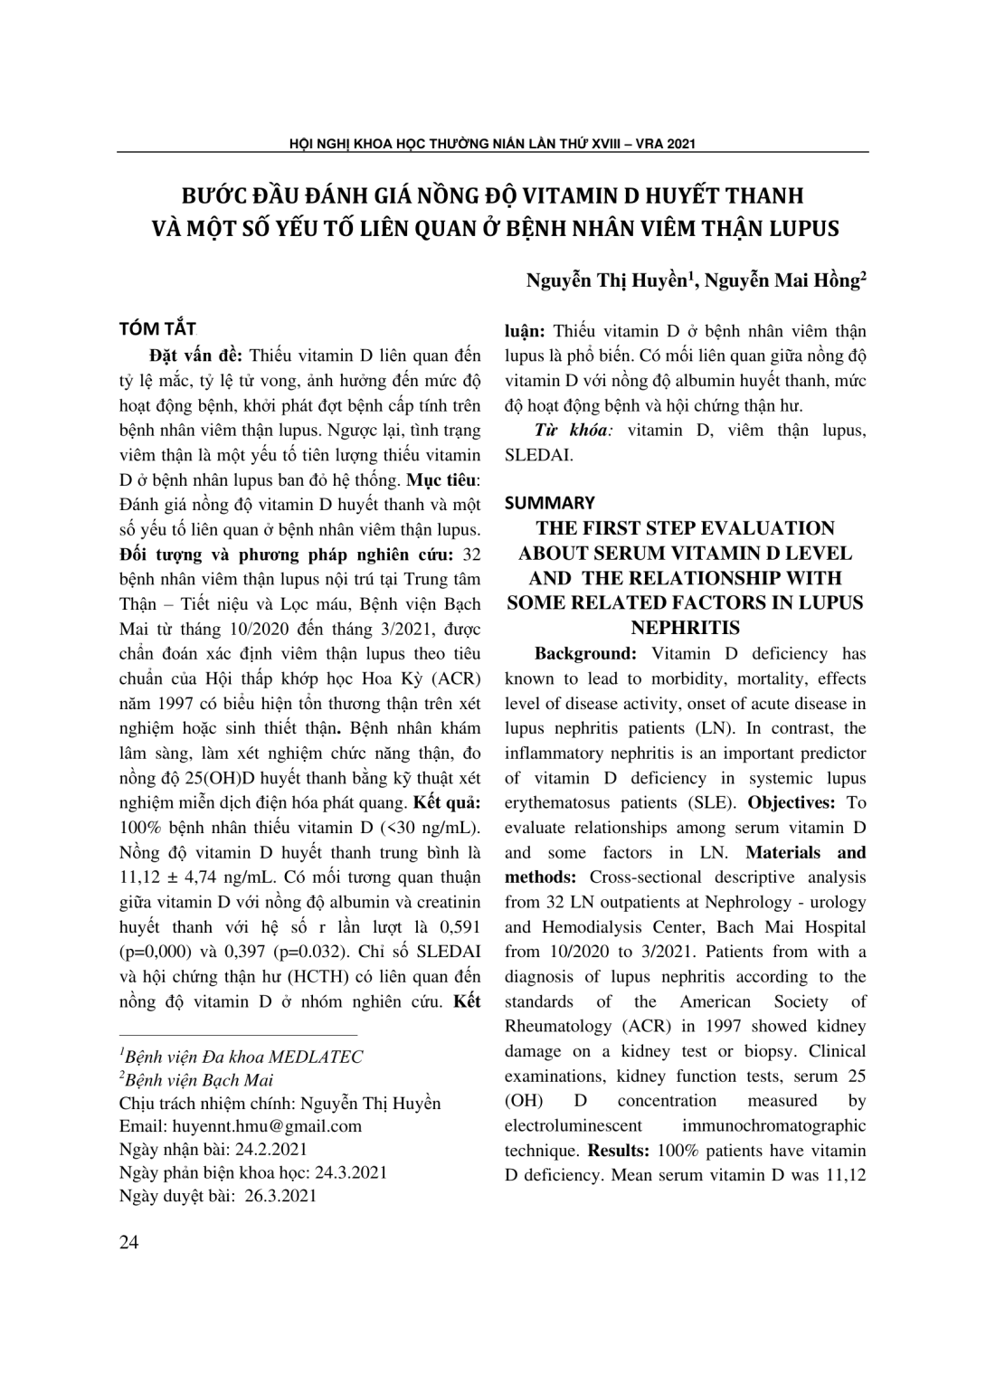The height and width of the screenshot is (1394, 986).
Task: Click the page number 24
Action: click(x=129, y=1243)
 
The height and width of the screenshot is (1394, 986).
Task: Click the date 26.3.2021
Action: click(x=280, y=1196)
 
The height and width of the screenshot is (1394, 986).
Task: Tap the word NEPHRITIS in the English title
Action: click(x=684, y=628)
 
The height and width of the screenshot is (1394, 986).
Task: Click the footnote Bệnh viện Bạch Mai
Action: click(x=200, y=1080)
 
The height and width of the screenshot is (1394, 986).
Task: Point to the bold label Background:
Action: click(x=586, y=653)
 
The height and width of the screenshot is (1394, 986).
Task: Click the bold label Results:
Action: click(x=620, y=1151)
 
